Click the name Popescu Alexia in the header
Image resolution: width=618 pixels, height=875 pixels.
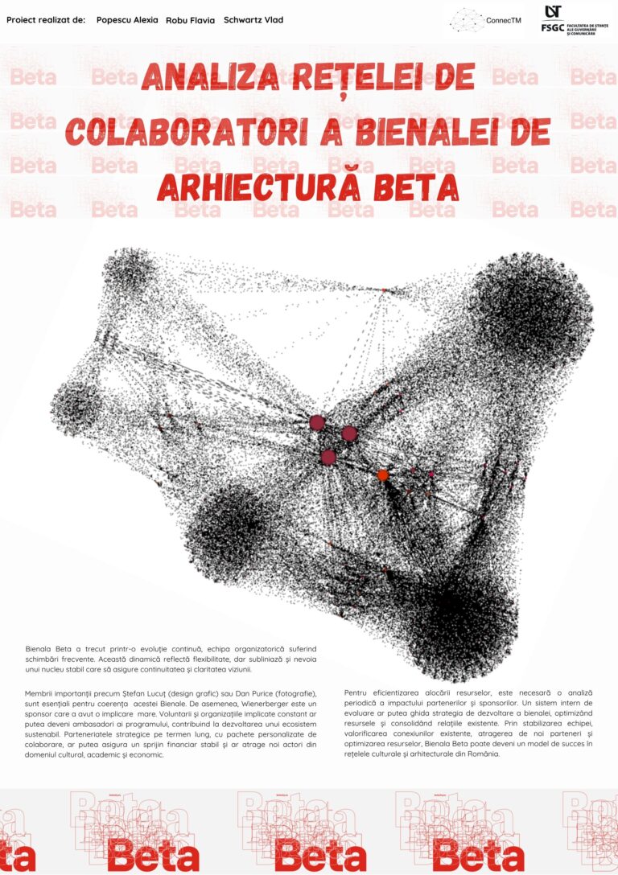[126, 19]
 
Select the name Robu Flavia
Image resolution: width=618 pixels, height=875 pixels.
[190, 20]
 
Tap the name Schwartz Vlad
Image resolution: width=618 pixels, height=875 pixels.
[253, 19]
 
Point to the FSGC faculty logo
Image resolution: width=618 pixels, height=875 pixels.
[574, 21]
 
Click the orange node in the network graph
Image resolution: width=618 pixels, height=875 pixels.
[383, 475]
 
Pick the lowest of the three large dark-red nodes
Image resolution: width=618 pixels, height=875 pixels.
[328, 457]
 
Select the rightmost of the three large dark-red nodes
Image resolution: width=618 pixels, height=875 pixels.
[348, 433]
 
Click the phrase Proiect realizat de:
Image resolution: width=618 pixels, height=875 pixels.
[46, 19]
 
